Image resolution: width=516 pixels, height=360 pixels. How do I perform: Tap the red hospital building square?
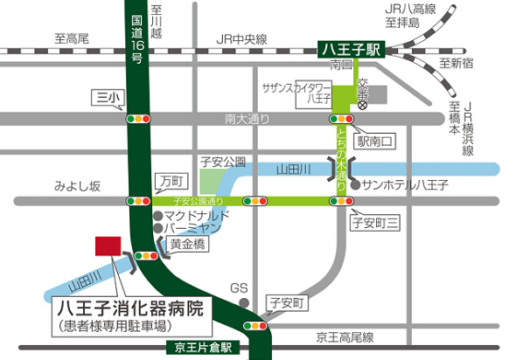click(108, 246)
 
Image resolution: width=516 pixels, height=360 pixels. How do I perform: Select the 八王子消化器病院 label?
click(129, 308)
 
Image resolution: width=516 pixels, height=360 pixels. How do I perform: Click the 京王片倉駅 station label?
click(205, 347)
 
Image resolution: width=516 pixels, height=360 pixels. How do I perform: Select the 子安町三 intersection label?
click(374, 224)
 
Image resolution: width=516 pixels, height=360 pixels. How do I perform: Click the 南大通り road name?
click(243, 119)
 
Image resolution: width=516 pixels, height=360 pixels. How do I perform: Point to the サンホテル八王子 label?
click(404, 185)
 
